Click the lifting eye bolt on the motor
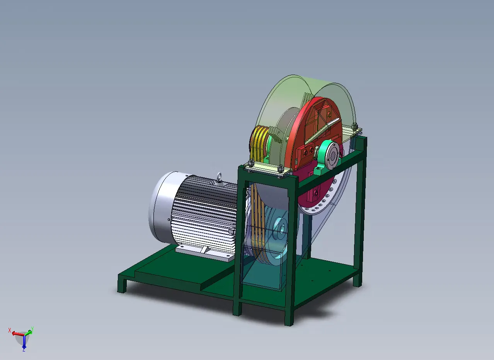[219, 177]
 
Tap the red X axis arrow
[18, 334]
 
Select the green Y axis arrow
[28, 333]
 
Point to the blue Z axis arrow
[24, 341]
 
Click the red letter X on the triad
[10, 330]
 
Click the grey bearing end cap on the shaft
[332, 156]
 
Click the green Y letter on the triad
[32, 329]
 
